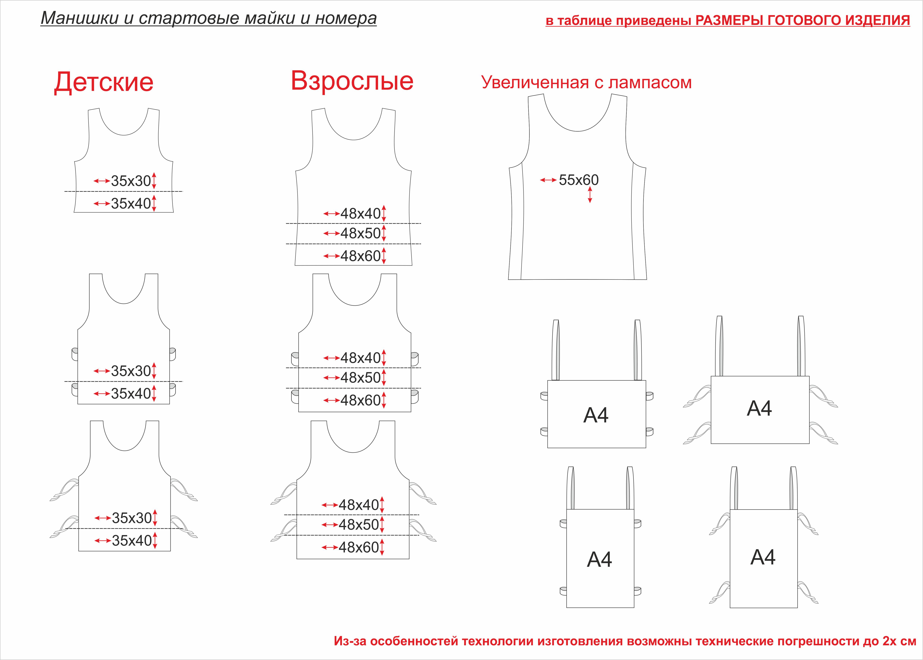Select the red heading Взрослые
click(x=352, y=81)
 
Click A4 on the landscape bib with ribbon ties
click(x=759, y=408)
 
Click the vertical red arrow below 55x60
click(x=590, y=195)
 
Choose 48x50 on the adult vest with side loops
click(x=360, y=378)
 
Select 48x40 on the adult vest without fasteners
click(x=360, y=213)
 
